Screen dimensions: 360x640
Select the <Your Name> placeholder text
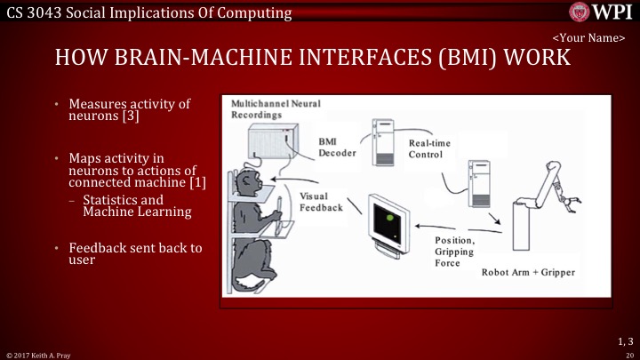(x=590, y=38)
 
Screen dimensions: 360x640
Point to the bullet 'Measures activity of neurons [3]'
(x=132, y=110)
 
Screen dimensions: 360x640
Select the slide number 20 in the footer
(x=628, y=354)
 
